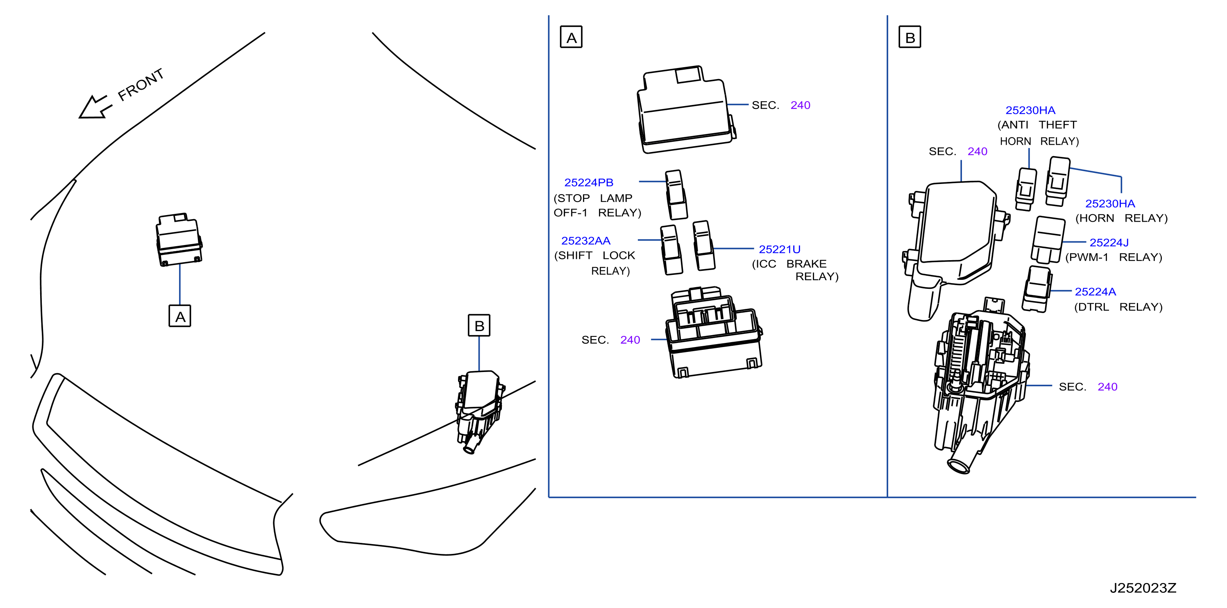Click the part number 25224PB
(x=589, y=182)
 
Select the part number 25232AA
(x=586, y=240)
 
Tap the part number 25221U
(x=779, y=249)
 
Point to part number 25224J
(x=1109, y=243)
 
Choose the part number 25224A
(x=1095, y=292)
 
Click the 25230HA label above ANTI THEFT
(x=1030, y=110)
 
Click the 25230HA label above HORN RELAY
(x=1110, y=204)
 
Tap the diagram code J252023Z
(x=1143, y=588)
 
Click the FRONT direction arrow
(x=95, y=107)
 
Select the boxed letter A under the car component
(x=180, y=316)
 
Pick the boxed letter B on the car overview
(x=479, y=325)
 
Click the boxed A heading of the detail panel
(x=571, y=37)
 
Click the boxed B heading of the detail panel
(x=910, y=37)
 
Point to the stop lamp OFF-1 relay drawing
(x=676, y=195)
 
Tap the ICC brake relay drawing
(x=704, y=245)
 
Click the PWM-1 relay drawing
(x=1048, y=240)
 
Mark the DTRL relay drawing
(x=1037, y=289)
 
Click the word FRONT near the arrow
(x=141, y=84)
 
